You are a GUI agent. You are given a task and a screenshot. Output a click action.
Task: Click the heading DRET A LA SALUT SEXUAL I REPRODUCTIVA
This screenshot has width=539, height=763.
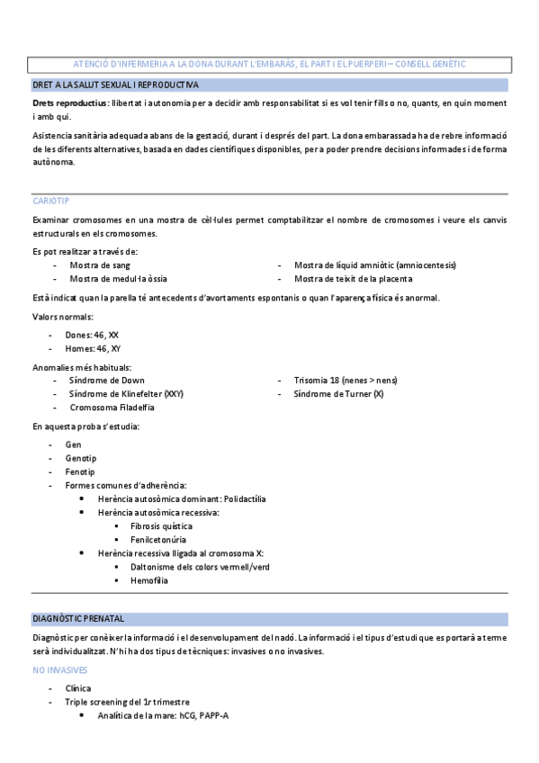click(116, 85)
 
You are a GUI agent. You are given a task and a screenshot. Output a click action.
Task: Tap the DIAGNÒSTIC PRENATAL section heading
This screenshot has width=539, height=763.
click(78, 619)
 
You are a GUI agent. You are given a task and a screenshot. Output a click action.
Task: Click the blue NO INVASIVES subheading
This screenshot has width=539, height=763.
click(60, 670)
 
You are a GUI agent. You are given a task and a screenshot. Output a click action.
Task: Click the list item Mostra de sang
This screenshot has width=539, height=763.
click(101, 265)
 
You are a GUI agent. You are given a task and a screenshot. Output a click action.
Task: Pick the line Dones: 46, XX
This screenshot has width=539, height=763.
click(92, 335)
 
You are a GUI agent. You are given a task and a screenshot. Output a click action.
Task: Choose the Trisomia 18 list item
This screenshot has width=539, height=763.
click(346, 381)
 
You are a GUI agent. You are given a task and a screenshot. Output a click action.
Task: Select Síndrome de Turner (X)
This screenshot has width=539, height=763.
click(338, 394)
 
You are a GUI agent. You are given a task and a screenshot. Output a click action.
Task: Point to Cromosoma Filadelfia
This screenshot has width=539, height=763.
click(112, 408)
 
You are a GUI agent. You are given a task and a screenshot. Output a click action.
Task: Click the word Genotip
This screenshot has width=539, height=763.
click(80, 458)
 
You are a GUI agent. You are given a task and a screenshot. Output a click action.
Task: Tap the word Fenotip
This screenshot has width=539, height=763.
click(79, 471)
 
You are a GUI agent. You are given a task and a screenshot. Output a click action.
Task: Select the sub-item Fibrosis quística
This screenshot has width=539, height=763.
click(160, 525)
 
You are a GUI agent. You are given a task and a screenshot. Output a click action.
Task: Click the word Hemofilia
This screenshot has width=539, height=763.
click(148, 580)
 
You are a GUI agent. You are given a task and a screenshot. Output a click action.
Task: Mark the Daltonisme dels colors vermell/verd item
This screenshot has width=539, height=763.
click(199, 567)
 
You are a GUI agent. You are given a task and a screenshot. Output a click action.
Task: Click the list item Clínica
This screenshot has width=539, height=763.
click(78, 688)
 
